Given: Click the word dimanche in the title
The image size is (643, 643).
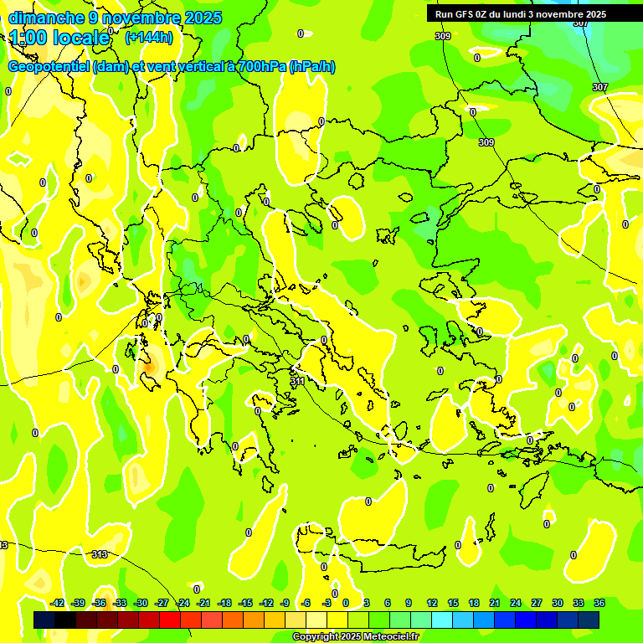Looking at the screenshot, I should coord(46,18).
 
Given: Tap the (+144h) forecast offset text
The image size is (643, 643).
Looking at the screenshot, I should coord(149,37).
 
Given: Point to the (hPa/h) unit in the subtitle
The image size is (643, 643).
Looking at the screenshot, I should coord(311,67).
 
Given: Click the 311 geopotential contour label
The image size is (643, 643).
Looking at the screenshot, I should coord(297,382).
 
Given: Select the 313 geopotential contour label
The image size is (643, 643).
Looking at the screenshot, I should coord(99,554).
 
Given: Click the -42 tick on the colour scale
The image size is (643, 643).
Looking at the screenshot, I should coord(58,603).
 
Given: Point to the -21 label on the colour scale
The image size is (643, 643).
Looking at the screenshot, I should coord(203,603).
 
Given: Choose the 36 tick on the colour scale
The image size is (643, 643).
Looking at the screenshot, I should coord(599,603).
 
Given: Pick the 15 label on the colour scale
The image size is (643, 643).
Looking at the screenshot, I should coord(452,603).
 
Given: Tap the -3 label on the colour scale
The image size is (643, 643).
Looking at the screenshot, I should coord(327,603).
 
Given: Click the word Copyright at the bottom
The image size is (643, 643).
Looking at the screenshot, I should coord(315,637).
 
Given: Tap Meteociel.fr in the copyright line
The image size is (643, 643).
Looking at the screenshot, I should coord(392,637).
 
